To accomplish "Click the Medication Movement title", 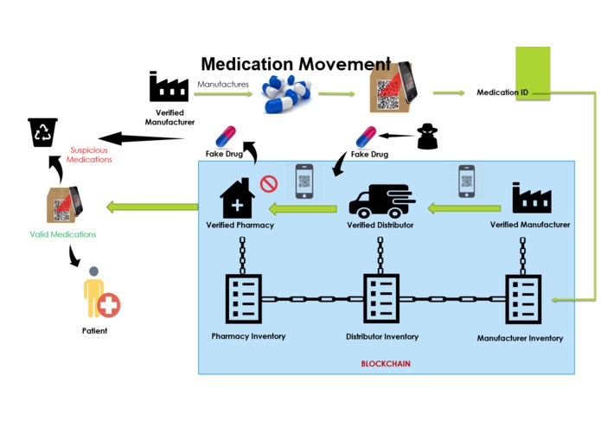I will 295,65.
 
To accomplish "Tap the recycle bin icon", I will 42,132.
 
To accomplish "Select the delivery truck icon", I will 380,201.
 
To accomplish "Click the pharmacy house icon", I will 239,200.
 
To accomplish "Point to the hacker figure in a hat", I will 426,137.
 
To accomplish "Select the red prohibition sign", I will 268,183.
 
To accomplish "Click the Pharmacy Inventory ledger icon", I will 243,299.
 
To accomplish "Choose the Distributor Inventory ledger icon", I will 381,299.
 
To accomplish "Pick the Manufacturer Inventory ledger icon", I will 522,299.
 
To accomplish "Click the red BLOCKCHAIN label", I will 386,364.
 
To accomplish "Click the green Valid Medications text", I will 63,234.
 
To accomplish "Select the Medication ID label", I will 502,92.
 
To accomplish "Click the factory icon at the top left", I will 169,87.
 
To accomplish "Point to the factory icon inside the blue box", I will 531,198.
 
